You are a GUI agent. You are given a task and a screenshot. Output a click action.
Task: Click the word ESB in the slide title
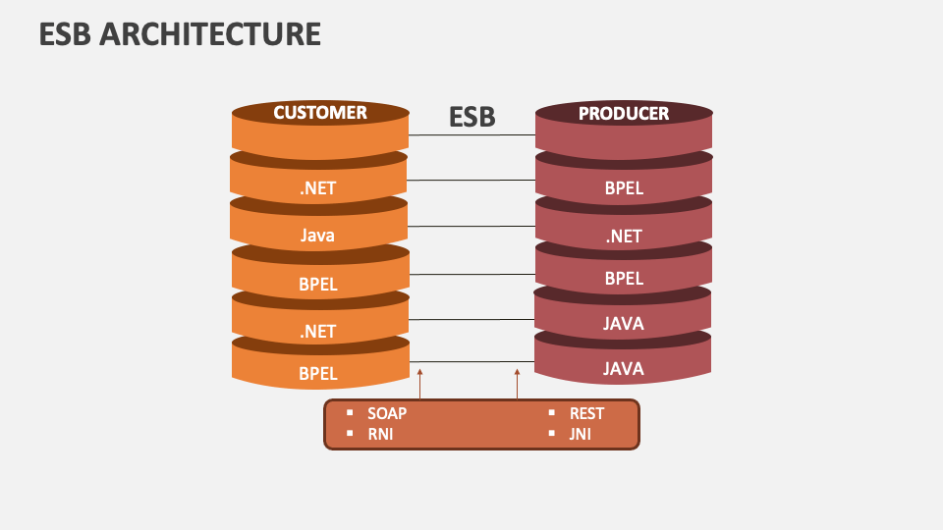(66, 34)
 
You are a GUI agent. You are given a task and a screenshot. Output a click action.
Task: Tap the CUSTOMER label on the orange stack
(320, 113)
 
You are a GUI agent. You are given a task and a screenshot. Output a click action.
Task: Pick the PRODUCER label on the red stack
(624, 114)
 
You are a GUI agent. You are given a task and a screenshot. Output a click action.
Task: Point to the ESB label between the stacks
(472, 118)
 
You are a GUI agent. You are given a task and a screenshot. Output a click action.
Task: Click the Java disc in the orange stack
(318, 236)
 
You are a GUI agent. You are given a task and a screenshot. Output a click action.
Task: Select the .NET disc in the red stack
(624, 237)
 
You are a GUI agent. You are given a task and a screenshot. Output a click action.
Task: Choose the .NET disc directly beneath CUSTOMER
(318, 188)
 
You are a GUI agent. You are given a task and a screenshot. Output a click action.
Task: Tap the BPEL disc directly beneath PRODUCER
(624, 188)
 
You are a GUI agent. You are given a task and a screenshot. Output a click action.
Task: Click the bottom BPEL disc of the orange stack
(318, 373)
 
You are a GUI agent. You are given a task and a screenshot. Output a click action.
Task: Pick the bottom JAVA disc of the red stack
(624, 369)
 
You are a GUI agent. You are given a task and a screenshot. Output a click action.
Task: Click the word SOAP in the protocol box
(387, 413)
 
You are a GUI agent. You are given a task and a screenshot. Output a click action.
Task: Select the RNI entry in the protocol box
(380, 434)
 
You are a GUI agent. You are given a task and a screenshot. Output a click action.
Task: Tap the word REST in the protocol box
(587, 413)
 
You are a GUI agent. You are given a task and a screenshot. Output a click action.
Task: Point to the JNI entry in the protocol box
(581, 434)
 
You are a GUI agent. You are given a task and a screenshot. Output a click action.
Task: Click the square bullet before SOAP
(349, 413)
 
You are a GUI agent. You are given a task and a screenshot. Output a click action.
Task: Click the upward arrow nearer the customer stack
(419, 384)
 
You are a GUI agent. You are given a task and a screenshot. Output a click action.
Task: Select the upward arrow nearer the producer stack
(518, 384)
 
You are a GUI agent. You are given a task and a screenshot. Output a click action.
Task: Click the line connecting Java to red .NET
(471, 227)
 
